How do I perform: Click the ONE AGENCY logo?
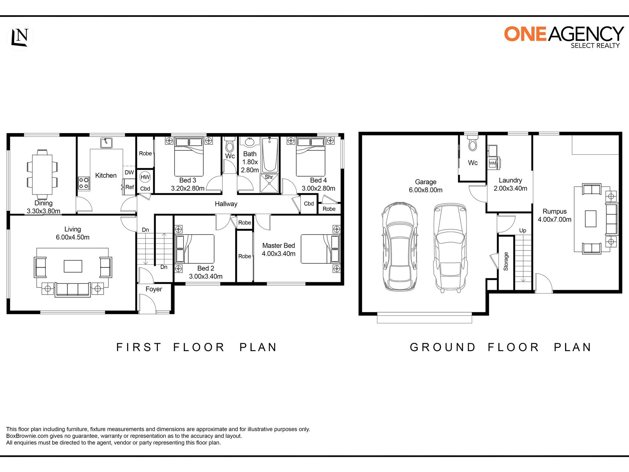[x=564, y=37]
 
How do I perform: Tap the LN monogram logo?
[x=20, y=37]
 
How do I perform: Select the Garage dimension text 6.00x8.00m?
[x=426, y=190]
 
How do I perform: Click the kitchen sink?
[x=106, y=143]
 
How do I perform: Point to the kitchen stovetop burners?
[x=84, y=183]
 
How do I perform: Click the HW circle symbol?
[x=145, y=177]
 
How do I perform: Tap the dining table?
[x=42, y=175]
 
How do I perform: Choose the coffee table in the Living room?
[x=73, y=266]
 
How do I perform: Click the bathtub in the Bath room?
[x=270, y=155]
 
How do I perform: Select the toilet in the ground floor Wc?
[x=472, y=143]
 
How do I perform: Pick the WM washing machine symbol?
[x=493, y=163]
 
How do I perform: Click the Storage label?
[x=506, y=261]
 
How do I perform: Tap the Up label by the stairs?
[x=523, y=231]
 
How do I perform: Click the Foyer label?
[x=154, y=289]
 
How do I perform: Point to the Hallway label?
[x=226, y=204]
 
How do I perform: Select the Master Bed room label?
[x=278, y=245]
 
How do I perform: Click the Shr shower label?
[x=269, y=177]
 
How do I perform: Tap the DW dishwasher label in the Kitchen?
[x=129, y=172]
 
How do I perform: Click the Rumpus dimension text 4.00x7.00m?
[x=555, y=220]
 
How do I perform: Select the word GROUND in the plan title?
[x=443, y=347]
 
